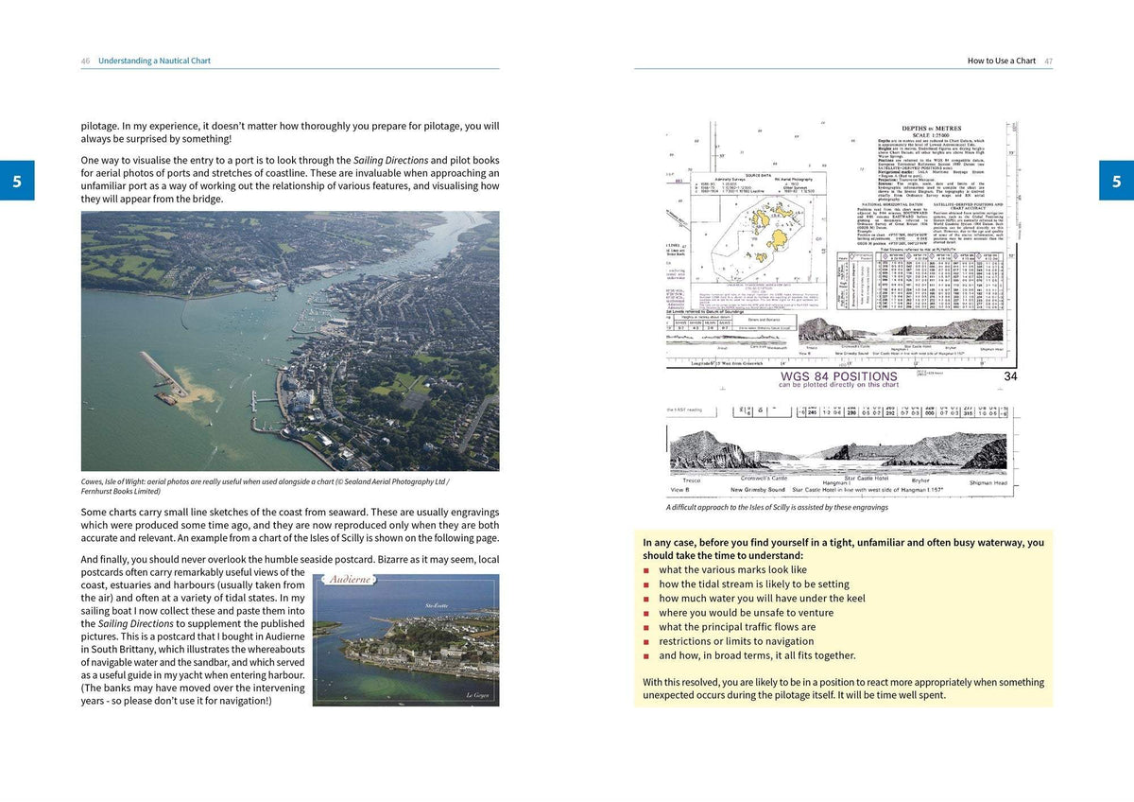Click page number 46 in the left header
(85, 61)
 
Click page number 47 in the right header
(1048, 61)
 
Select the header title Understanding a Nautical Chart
(154, 61)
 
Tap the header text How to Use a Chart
(1001, 61)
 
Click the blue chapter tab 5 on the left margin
(17, 181)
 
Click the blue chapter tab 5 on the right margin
(1116, 181)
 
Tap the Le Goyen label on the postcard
(478, 695)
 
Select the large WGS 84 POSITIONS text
(838, 376)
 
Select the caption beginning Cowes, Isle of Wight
(265, 486)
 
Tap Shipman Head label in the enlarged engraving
(988, 483)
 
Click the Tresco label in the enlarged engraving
(692, 480)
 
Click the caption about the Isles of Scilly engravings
(777, 507)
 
